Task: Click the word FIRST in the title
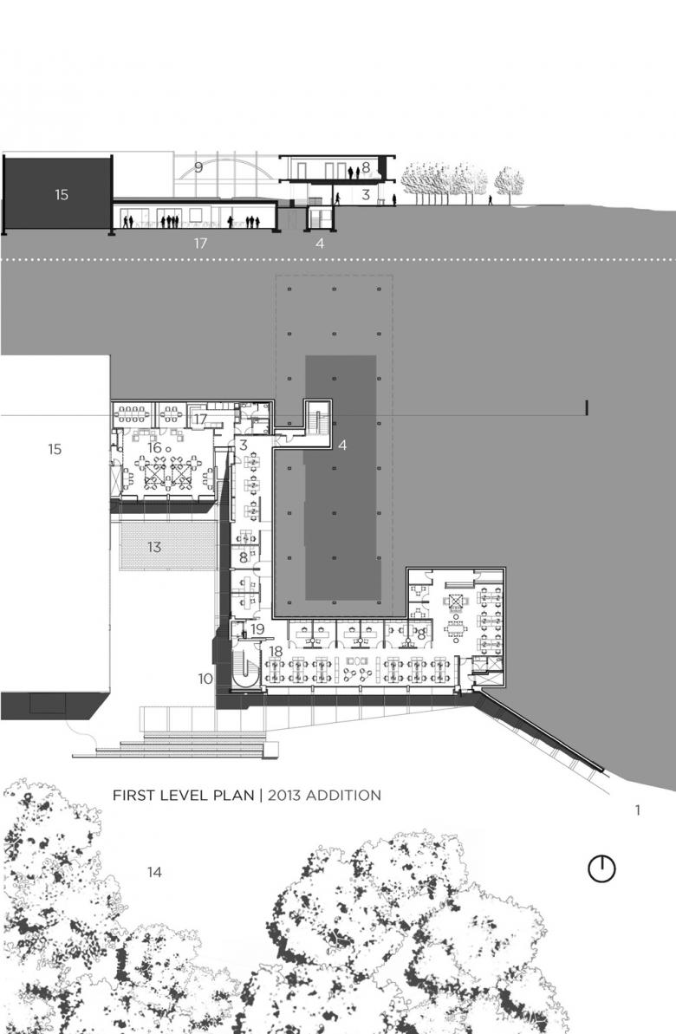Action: click(133, 796)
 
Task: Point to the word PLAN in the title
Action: click(233, 796)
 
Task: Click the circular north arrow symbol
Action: click(601, 869)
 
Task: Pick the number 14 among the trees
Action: click(154, 873)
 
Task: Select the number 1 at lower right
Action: click(638, 810)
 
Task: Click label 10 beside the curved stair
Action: click(205, 679)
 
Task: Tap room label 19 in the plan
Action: click(257, 629)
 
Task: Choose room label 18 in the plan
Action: click(276, 652)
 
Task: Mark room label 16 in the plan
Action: click(154, 448)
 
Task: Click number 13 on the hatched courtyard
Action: click(154, 547)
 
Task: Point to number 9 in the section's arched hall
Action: click(198, 167)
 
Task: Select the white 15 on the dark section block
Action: click(62, 194)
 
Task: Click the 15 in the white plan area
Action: click(55, 449)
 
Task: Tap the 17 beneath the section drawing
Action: click(200, 244)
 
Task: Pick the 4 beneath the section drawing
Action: click(320, 244)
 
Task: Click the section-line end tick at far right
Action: click(587, 408)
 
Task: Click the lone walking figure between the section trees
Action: click(490, 200)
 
